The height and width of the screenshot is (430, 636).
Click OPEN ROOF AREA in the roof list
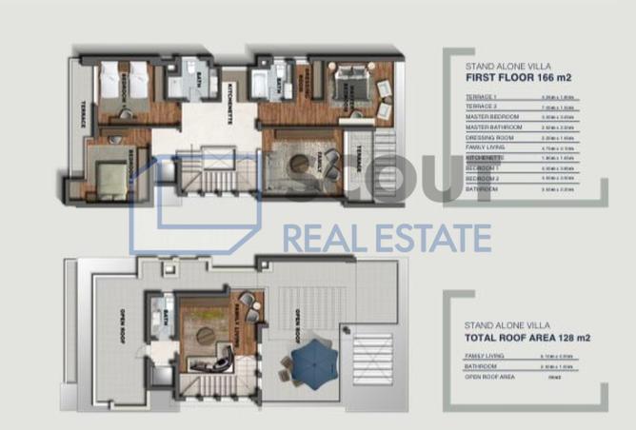[487, 377]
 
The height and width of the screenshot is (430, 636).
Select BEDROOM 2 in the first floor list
[479, 180]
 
